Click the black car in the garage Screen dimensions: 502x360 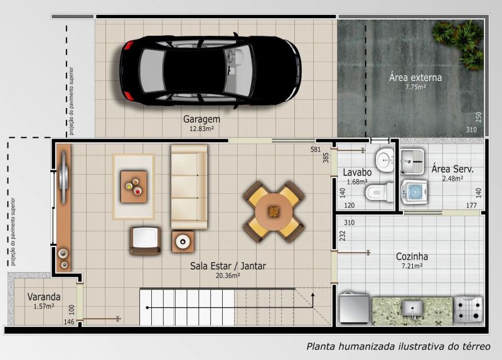[x=210, y=70]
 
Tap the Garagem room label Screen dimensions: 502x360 [x=201, y=119]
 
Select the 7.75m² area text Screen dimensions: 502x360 [x=415, y=87]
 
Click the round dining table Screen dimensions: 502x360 [x=274, y=211]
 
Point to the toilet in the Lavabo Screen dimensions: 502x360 [x=380, y=191]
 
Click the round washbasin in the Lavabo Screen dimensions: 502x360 [x=385, y=160]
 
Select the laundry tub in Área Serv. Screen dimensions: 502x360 [x=412, y=161]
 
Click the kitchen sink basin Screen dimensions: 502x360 [x=412, y=309]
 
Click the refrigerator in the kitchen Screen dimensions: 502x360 [x=355, y=308]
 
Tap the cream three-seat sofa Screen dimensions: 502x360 [x=190, y=187]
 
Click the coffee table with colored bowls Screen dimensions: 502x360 [x=134, y=187]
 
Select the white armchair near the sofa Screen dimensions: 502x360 [x=146, y=241]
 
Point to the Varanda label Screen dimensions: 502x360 [x=44, y=297]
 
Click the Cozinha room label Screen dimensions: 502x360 [x=412, y=257]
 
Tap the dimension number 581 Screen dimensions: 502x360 [x=316, y=149]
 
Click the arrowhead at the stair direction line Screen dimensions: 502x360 [x=312, y=294]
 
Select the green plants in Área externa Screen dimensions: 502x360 [x=459, y=43]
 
